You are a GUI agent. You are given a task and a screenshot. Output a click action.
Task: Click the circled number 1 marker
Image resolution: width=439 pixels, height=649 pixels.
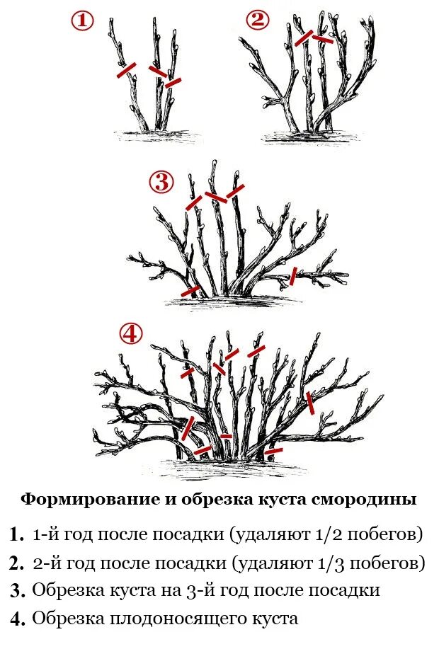click(x=82, y=21)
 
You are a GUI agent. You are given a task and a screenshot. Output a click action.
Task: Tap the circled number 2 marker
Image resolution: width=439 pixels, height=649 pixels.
click(x=258, y=21)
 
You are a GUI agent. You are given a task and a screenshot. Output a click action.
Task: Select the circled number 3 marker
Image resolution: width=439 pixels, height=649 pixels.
click(x=161, y=183)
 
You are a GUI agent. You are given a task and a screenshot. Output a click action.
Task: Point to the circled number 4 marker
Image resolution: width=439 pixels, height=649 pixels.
click(x=130, y=334)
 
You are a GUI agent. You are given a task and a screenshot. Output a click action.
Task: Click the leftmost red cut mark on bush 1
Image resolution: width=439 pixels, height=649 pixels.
click(x=127, y=69)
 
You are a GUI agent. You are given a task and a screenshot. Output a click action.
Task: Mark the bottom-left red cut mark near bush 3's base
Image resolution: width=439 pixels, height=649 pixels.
click(x=190, y=291)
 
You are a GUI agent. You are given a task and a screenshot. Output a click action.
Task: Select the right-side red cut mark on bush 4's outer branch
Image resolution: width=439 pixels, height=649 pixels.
click(x=310, y=403)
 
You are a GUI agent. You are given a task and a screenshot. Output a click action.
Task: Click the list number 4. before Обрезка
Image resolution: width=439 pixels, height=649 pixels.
click(x=18, y=619)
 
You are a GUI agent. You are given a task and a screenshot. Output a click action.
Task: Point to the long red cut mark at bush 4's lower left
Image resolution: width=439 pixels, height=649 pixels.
click(x=188, y=427)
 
